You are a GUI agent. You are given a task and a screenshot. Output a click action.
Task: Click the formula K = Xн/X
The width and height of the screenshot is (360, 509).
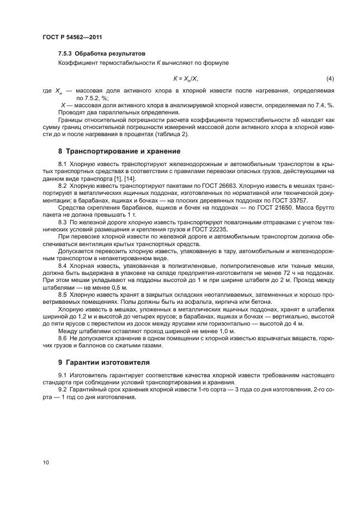pos(186,78)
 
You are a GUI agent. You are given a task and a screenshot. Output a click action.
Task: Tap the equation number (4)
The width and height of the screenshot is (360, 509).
pos(330,78)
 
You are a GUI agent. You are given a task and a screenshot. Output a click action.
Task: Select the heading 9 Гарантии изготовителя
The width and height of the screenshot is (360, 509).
pos(103,362)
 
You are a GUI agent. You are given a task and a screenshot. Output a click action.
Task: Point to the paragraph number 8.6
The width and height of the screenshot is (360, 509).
pos(63,338)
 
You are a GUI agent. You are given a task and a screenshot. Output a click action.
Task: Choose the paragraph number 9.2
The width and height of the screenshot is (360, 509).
pos(63,390)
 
